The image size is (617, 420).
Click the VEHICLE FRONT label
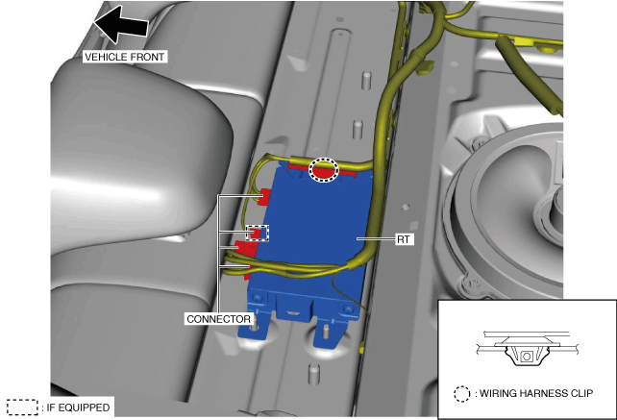coord(124,57)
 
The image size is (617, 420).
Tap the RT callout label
coord(404,239)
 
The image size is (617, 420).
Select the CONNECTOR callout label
coord(218,319)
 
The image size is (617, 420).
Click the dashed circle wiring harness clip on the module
coord(324,170)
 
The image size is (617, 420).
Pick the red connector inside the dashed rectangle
coord(257,233)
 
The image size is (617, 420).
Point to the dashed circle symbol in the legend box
coord(461,394)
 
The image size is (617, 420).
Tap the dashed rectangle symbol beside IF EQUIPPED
coord(22,408)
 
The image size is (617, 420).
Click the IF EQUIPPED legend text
coord(78,408)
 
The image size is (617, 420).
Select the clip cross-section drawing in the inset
coord(527,349)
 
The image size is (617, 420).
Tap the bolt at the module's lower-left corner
coord(259,298)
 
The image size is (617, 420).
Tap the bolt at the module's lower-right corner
coord(348,310)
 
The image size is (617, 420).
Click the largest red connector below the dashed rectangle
coord(246,247)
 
